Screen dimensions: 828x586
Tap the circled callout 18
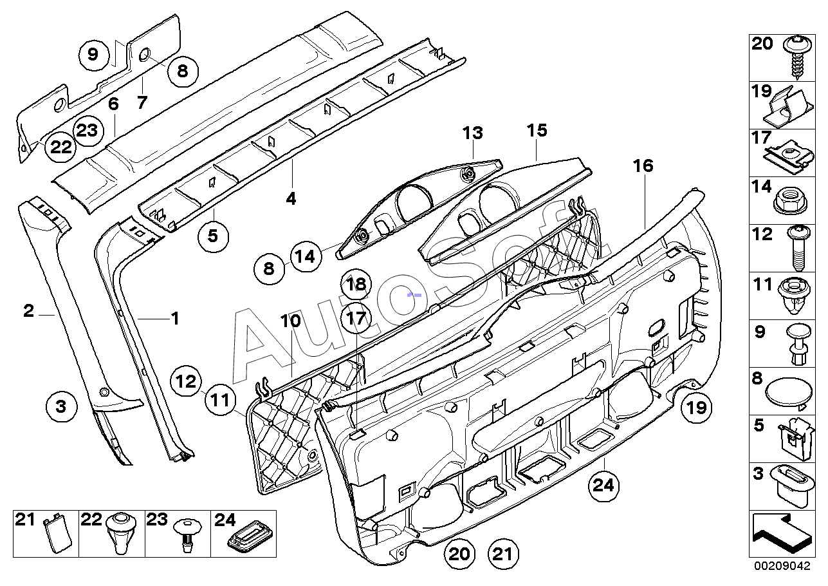pyautogui.click(x=356, y=284)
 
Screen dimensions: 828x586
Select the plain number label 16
pyautogui.click(x=643, y=165)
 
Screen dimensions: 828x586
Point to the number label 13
pyautogui.click(x=473, y=133)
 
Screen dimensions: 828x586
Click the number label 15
pyautogui.click(x=537, y=130)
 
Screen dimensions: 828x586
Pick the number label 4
pyautogui.click(x=291, y=199)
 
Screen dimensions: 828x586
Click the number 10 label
pyautogui.click(x=291, y=321)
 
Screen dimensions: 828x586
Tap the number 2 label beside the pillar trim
pyautogui.click(x=28, y=311)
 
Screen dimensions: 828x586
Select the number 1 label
pyautogui.click(x=175, y=318)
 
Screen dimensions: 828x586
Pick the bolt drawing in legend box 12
pyautogui.click(x=798, y=247)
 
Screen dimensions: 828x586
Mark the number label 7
pyautogui.click(x=142, y=102)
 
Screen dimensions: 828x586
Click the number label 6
pyautogui.click(x=113, y=104)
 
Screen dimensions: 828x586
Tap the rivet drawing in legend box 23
pyautogui.click(x=187, y=535)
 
